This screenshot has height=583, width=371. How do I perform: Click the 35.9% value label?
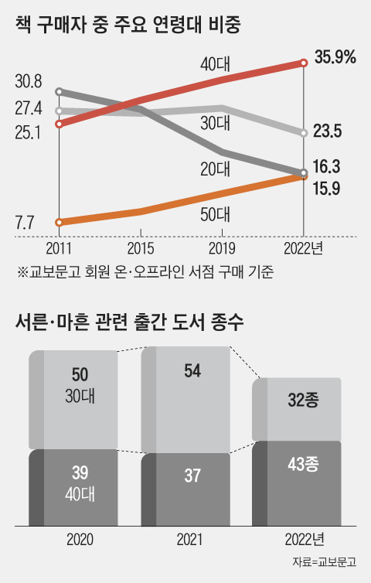point(334,56)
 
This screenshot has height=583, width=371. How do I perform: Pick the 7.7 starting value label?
point(24,224)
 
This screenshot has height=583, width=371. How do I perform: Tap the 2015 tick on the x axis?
point(141,249)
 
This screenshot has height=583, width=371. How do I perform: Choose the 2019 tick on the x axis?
point(223,249)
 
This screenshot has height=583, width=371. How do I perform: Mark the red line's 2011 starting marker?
point(60,123)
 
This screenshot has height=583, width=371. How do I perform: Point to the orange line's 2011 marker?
point(60,223)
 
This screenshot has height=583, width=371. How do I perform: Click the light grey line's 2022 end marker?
point(304,133)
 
